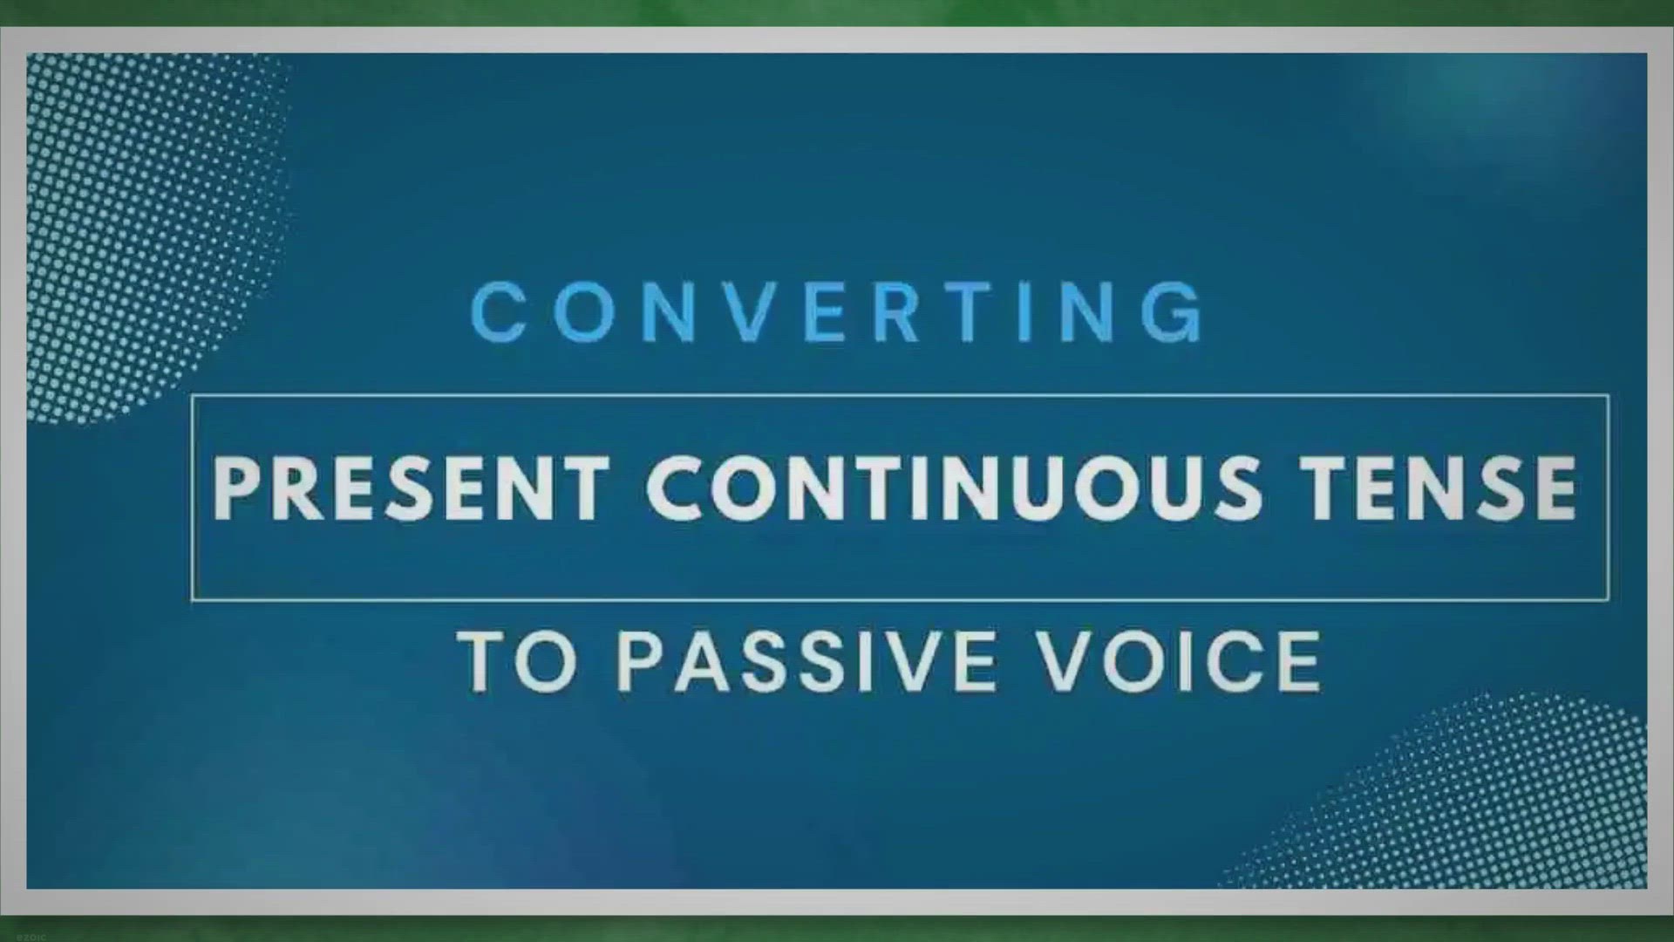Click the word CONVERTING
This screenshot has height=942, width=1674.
point(837,312)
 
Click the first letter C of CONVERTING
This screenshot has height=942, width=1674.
point(499,312)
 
